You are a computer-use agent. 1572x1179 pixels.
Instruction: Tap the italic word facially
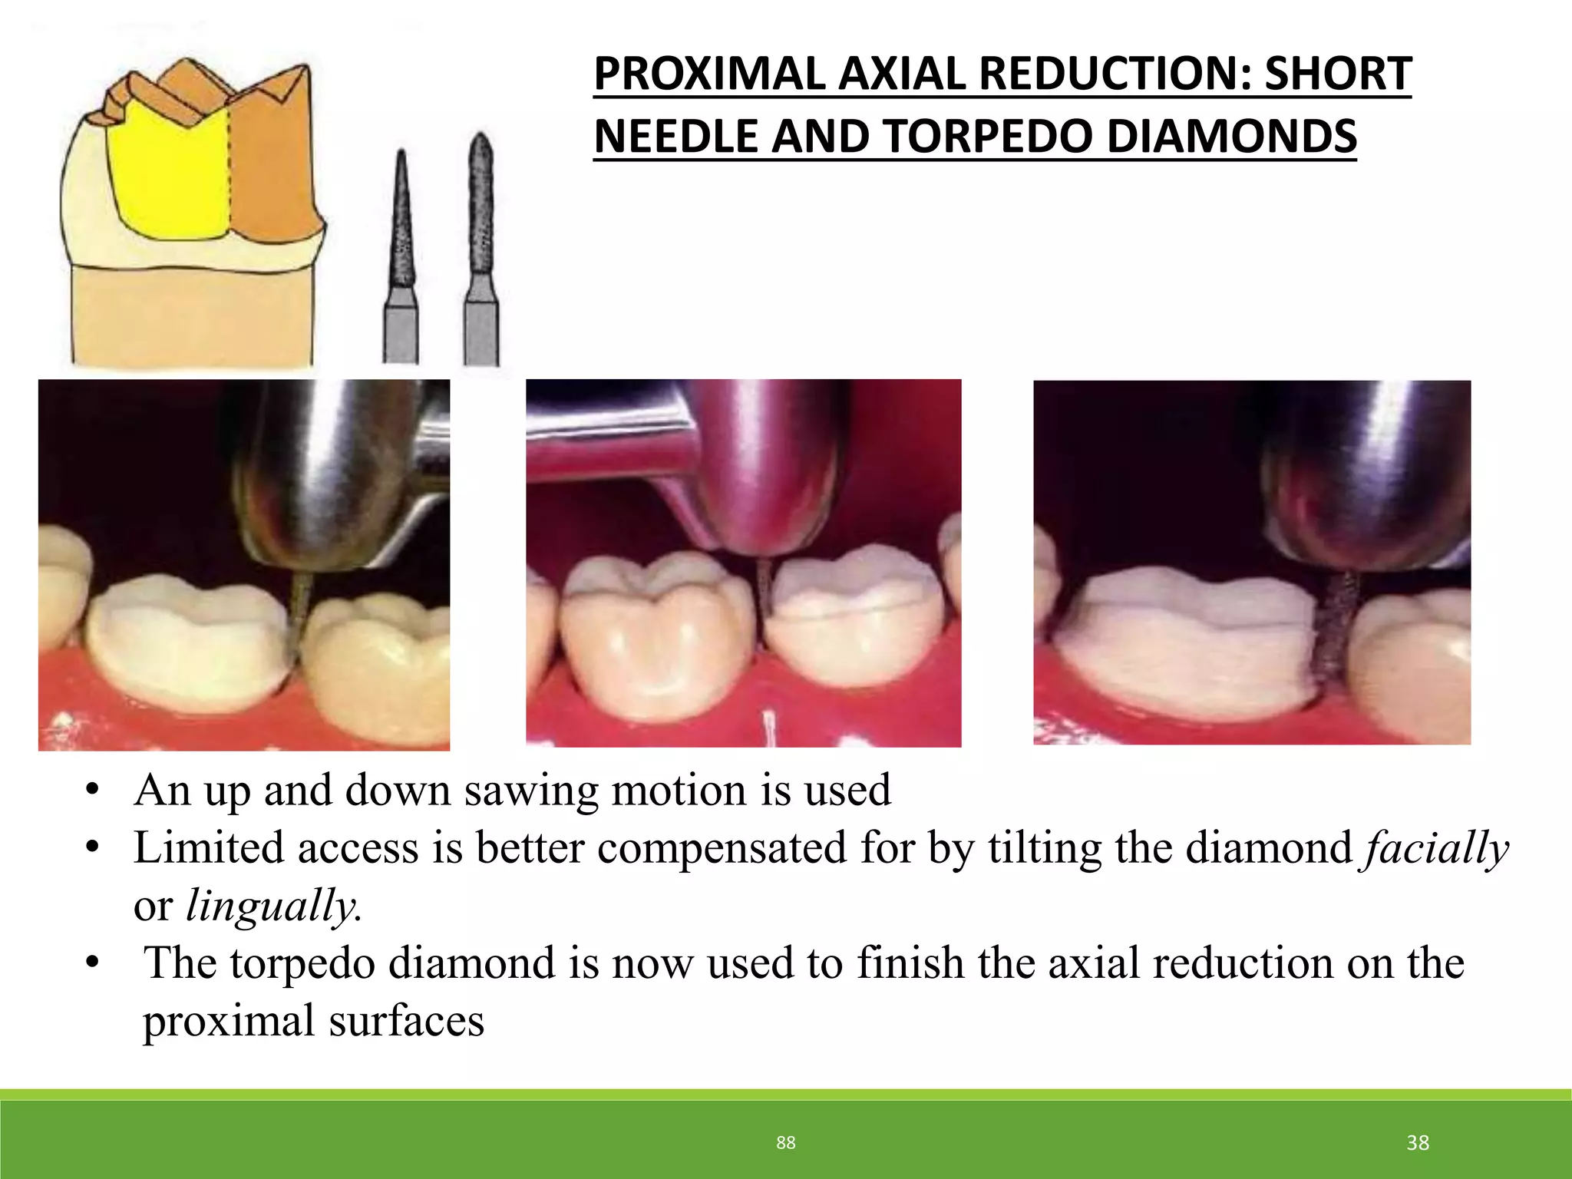(1434, 849)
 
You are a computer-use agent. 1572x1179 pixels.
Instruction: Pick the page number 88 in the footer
(785, 1143)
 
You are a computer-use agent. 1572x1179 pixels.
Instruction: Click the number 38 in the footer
(1417, 1143)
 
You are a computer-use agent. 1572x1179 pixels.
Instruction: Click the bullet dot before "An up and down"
(93, 791)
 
